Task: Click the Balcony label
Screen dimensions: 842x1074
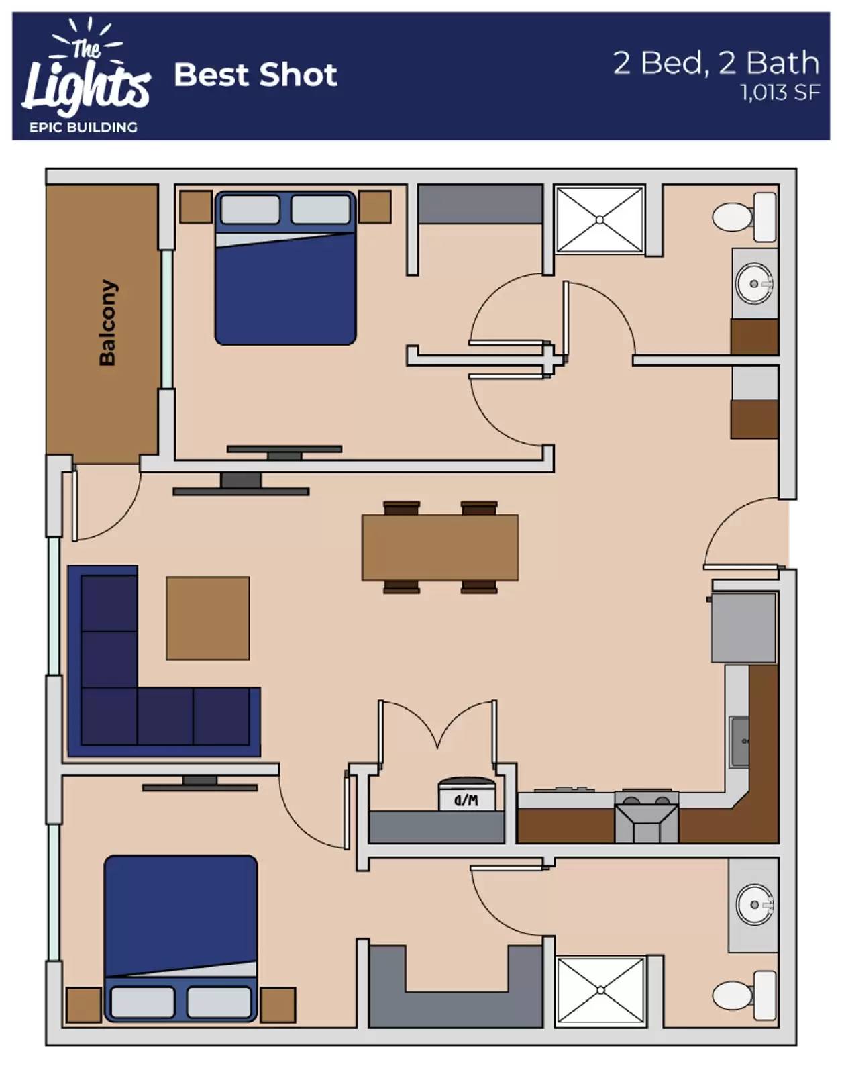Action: pyautogui.click(x=107, y=323)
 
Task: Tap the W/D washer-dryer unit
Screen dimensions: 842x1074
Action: pyautogui.click(x=466, y=794)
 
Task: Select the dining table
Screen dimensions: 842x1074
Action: pyautogui.click(x=439, y=547)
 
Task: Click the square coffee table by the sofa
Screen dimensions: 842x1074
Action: pyautogui.click(x=207, y=618)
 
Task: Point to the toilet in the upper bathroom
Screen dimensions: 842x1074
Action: pyautogui.click(x=744, y=217)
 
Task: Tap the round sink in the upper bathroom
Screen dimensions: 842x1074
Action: pyautogui.click(x=754, y=284)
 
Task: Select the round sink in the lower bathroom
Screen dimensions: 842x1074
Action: pyautogui.click(x=754, y=904)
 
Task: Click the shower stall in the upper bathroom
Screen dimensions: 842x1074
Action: pyautogui.click(x=600, y=219)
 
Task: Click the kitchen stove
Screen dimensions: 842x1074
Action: pyautogui.click(x=647, y=817)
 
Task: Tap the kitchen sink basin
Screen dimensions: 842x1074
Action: pyautogui.click(x=739, y=741)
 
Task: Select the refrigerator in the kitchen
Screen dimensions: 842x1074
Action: pyautogui.click(x=744, y=627)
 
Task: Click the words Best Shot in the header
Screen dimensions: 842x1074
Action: pyautogui.click(x=256, y=75)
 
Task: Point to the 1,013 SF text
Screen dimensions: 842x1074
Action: pyautogui.click(x=780, y=93)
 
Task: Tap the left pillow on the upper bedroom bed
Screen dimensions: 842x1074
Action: pyautogui.click(x=250, y=209)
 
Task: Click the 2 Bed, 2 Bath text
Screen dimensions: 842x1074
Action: pyautogui.click(x=716, y=63)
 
